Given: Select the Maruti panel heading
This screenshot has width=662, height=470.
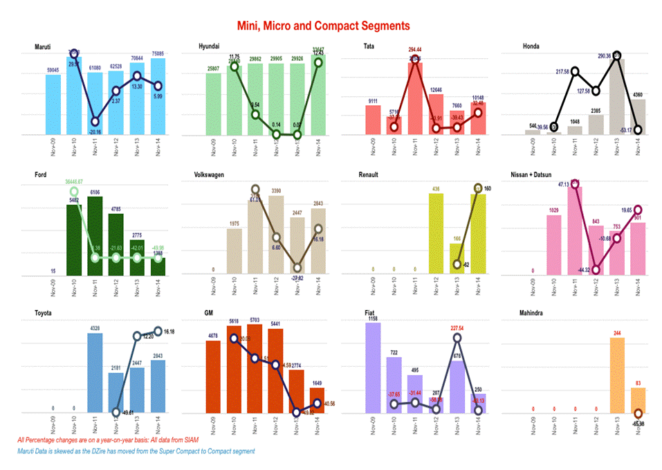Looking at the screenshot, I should coord(43,47).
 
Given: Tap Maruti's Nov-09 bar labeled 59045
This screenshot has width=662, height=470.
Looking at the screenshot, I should coord(53,105).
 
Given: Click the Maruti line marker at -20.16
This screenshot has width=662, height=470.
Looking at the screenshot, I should coord(95,121).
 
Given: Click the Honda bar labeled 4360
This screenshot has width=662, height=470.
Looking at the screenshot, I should coord(638,116).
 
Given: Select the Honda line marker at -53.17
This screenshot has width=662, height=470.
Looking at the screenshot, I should coord(638,129).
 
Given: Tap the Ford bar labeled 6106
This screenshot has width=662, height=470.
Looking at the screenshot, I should coord(95,236).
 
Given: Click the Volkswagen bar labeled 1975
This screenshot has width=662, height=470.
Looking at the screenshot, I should coord(235,252).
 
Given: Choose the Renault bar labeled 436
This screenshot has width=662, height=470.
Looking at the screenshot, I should coord(436,235).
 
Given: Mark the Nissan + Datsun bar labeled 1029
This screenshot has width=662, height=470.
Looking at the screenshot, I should coord(554,245).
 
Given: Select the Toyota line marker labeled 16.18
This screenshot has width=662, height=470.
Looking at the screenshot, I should coord(158,332).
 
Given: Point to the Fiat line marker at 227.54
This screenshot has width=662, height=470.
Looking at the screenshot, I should coord(457,338).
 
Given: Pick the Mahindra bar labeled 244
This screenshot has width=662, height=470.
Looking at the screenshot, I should coord(617,374).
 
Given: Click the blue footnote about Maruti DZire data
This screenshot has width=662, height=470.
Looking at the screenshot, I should coord(136,451).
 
